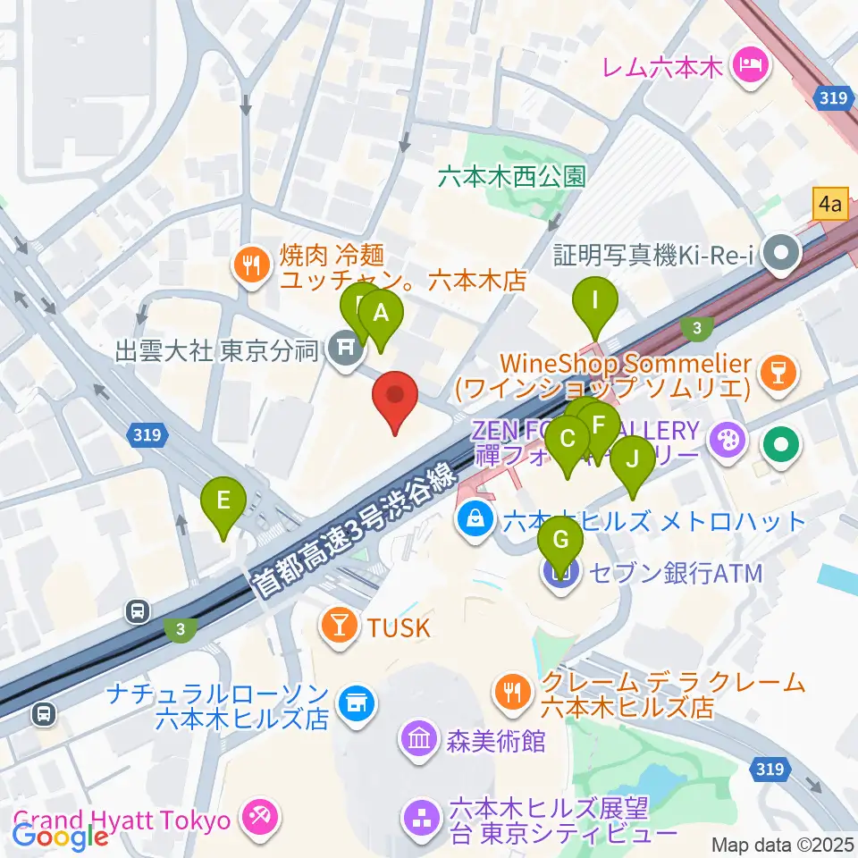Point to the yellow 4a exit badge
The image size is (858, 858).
click(830, 204)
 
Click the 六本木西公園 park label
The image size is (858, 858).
click(511, 176)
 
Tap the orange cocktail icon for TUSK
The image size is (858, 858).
click(341, 627)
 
